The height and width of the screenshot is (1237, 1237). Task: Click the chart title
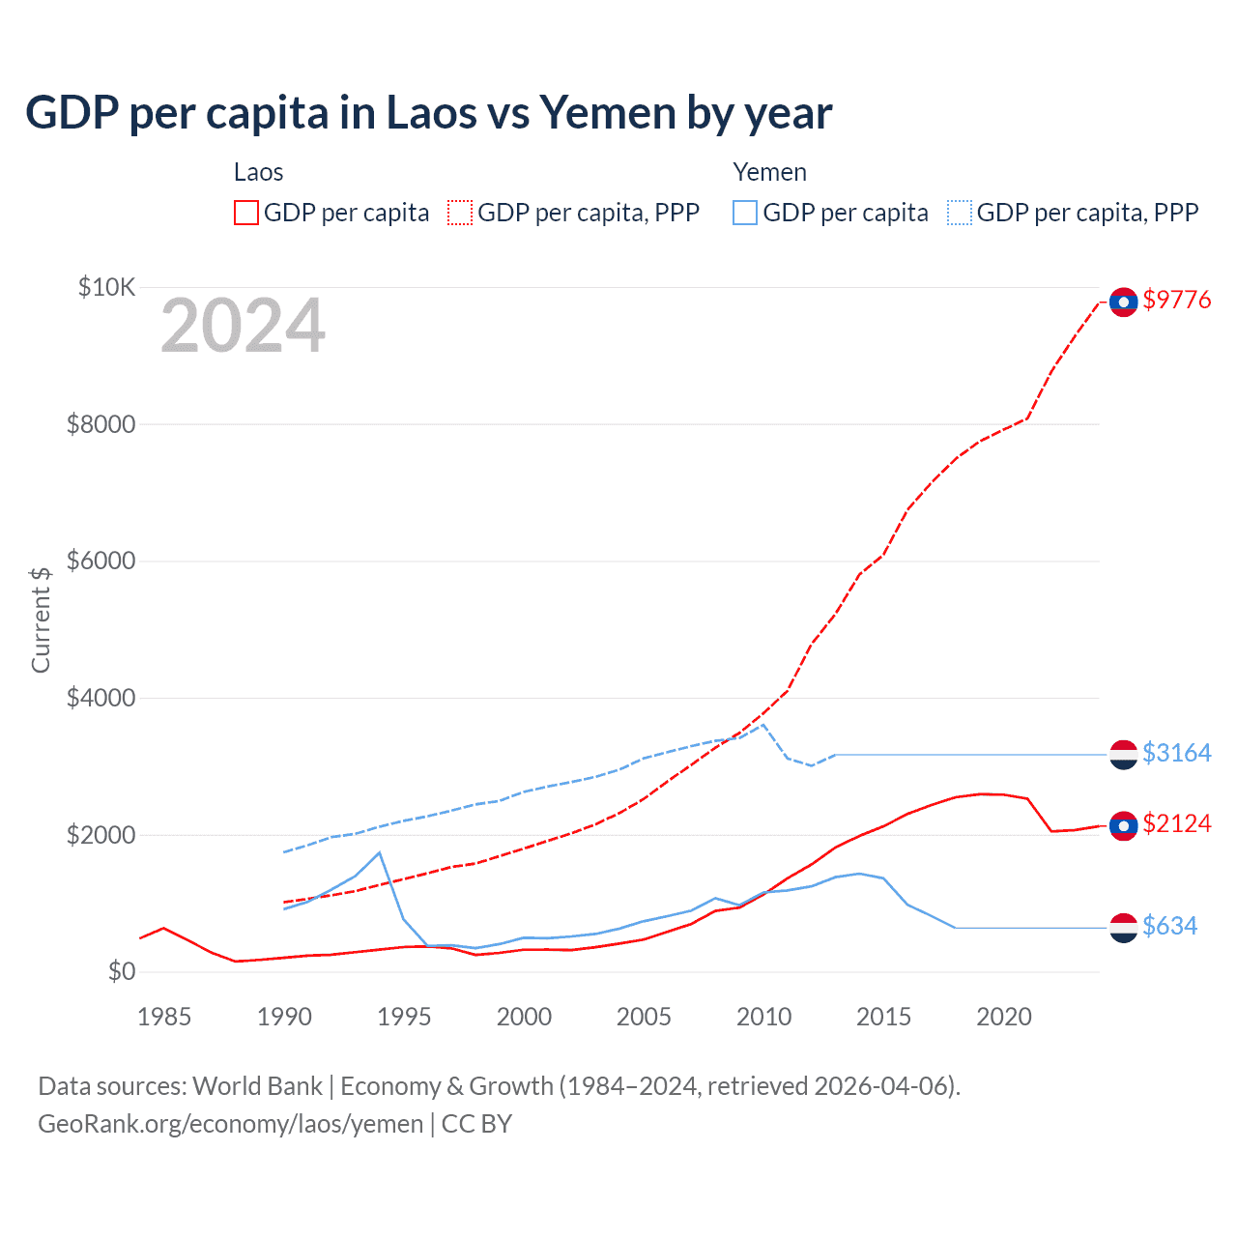coord(428,113)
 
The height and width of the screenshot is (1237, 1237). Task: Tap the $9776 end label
coord(1176,300)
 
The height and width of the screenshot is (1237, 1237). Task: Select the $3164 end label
coord(1176,753)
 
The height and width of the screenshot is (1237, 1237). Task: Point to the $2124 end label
coord(1176,823)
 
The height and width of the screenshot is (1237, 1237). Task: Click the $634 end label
coord(1169,926)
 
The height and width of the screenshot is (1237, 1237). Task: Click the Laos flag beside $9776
coord(1123,302)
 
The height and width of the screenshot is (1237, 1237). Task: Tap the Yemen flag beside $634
coord(1123,928)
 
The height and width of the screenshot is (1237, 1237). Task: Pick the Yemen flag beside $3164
coord(1123,755)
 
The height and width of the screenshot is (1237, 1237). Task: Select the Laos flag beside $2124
coord(1123,825)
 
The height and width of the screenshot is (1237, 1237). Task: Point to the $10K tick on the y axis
coord(107,287)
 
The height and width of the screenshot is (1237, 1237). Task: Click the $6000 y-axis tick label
coord(101,561)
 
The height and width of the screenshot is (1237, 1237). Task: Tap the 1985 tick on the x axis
coord(164,1017)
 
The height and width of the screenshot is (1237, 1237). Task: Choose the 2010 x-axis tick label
coord(763,1017)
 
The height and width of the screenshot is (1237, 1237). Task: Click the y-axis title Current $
coord(41,619)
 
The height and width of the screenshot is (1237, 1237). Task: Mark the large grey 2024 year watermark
coord(243,327)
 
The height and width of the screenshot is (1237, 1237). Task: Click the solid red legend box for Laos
coord(246,213)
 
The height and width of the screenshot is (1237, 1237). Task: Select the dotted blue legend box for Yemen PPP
coord(960,213)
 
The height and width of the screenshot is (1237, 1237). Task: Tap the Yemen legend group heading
coord(769,172)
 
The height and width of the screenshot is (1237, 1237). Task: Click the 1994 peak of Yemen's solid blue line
coord(380,852)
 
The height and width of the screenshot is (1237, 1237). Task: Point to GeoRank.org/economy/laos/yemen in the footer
coord(230,1124)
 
